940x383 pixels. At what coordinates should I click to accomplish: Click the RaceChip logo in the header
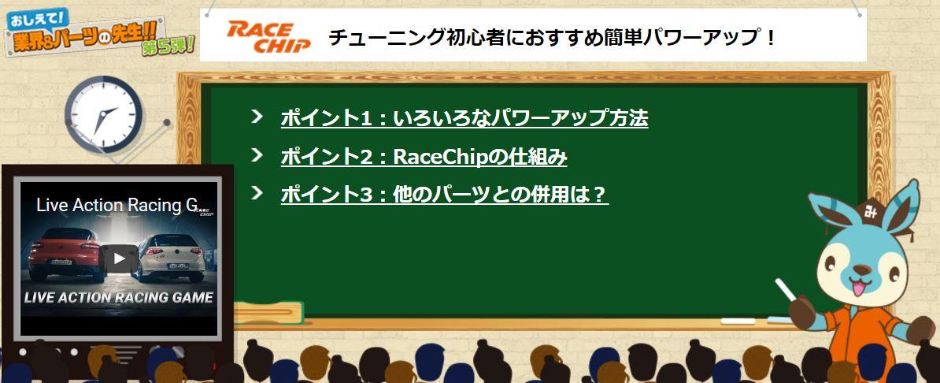click(x=268, y=36)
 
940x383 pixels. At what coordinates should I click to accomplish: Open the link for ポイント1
click(x=464, y=117)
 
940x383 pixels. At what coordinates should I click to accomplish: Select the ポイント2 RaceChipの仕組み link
click(x=424, y=157)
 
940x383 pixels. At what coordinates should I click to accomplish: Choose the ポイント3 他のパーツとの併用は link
click(x=444, y=195)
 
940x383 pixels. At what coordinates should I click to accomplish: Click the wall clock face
click(x=103, y=114)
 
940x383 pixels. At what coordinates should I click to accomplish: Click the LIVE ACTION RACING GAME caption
click(x=118, y=297)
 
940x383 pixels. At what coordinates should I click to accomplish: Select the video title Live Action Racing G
click(x=117, y=206)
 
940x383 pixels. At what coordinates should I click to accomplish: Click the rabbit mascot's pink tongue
click(x=858, y=288)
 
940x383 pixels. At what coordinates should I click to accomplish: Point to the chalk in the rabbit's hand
click(x=785, y=289)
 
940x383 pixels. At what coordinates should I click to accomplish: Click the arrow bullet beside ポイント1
click(x=257, y=116)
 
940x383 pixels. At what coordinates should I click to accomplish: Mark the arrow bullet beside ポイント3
click(x=257, y=193)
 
